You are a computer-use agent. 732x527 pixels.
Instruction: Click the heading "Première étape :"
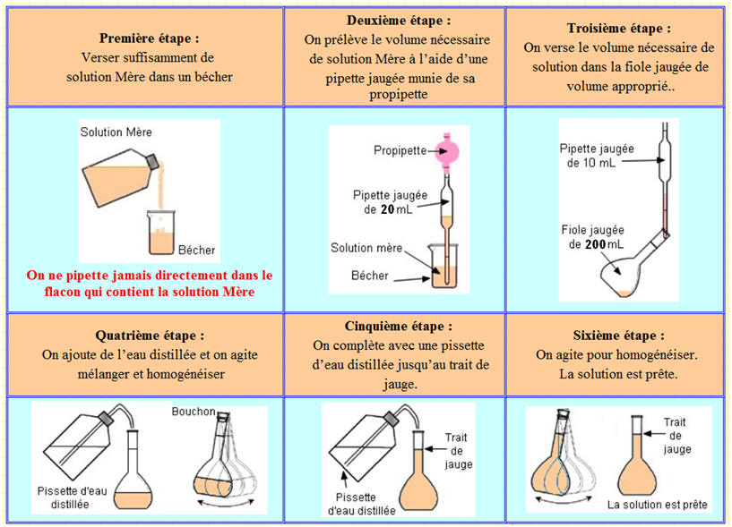tap(148, 39)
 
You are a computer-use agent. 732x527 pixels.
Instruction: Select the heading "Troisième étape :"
tap(619, 28)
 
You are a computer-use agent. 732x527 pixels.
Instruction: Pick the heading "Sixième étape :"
tap(619, 336)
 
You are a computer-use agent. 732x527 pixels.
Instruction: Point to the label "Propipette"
tap(400, 150)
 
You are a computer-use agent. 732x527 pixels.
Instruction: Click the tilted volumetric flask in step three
tap(633, 273)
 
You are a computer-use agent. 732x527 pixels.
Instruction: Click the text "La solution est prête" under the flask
tap(657, 506)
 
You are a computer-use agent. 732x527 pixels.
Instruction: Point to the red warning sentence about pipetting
tap(148, 283)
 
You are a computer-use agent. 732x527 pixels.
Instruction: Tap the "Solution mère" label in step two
tap(366, 248)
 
